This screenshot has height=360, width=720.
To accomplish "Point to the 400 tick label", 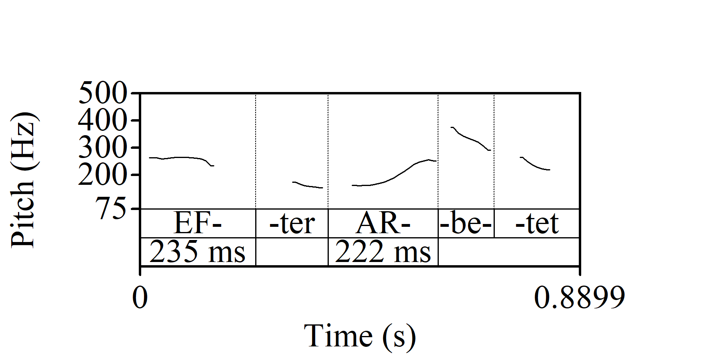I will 102,120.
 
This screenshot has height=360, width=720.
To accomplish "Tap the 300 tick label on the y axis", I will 102,148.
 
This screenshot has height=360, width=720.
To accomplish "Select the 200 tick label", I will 102,175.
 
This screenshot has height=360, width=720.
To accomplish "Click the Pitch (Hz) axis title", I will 24,180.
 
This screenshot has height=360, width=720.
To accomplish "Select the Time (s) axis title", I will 360,336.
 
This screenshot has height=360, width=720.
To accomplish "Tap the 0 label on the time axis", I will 140,298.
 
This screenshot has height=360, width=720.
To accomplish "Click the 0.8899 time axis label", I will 579,298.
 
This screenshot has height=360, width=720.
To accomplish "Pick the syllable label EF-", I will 198,223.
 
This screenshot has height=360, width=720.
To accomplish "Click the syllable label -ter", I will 292,223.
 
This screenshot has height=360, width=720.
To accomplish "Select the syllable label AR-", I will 383,223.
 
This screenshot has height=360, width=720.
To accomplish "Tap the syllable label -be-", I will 466,223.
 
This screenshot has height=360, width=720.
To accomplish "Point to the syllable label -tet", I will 537,223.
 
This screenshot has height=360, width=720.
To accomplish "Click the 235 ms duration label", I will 198,252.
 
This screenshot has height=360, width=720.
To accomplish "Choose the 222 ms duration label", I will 383,252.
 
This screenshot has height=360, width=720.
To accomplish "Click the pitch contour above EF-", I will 180,158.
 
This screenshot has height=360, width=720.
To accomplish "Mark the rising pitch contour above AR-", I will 396,177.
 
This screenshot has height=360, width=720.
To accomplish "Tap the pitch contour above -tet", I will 534,165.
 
